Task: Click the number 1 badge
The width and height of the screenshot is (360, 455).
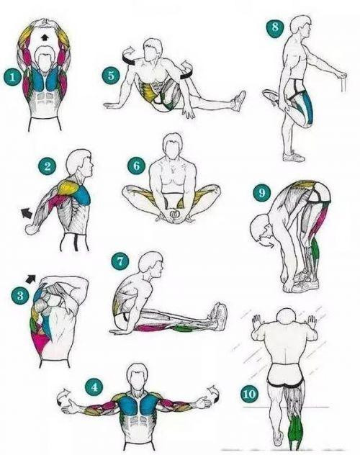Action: click(12, 77)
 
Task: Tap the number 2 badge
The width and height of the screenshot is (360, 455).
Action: click(48, 166)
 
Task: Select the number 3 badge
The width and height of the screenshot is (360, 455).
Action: click(21, 296)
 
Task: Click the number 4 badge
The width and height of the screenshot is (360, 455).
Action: click(94, 387)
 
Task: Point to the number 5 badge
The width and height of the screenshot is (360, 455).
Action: click(111, 76)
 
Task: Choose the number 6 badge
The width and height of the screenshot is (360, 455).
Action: click(136, 166)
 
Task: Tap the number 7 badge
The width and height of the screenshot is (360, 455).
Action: click(120, 261)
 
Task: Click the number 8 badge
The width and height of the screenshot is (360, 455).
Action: click(275, 28)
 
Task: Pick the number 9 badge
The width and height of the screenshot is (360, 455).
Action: click(261, 192)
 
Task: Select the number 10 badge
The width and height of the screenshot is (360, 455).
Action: click(249, 394)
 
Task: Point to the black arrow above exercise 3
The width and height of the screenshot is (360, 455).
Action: click(30, 279)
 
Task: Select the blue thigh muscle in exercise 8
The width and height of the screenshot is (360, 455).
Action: click(308, 107)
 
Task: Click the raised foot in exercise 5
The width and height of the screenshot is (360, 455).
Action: click(239, 102)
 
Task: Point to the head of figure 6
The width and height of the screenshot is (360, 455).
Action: click(173, 146)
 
